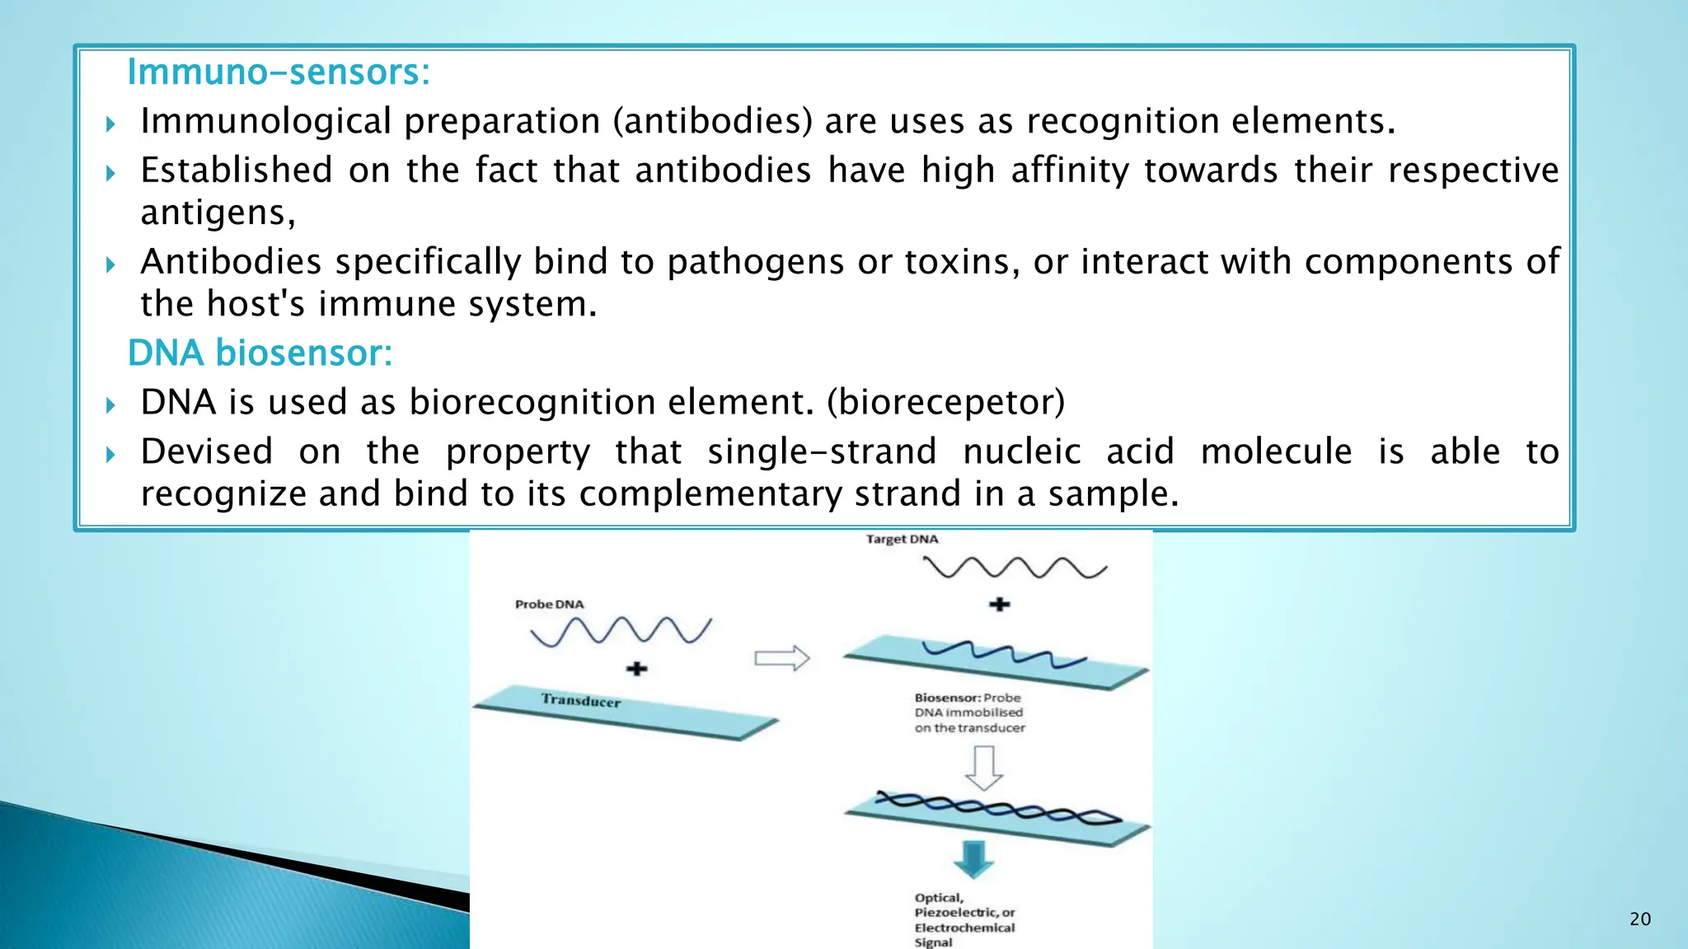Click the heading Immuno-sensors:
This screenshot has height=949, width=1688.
pyautogui.click(x=279, y=72)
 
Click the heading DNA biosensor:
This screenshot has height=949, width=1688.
pyautogui.click(x=260, y=353)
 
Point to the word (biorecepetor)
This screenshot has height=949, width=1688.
pyautogui.click(x=945, y=403)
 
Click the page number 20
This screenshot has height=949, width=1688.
pyautogui.click(x=1639, y=919)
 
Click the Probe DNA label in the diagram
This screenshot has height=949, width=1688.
pyautogui.click(x=549, y=605)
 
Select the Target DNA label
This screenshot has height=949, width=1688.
pyautogui.click(x=902, y=540)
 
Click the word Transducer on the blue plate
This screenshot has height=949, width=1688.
pyautogui.click(x=580, y=700)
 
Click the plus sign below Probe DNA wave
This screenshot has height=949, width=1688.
pyautogui.click(x=636, y=668)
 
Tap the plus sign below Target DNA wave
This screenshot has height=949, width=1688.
pyautogui.click(x=999, y=605)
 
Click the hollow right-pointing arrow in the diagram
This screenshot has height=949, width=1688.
pyautogui.click(x=781, y=657)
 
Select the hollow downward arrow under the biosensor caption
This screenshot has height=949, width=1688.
pyautogui.click(x=983, y=768)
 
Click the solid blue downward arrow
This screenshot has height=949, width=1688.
pyautogui.click(x=973, y=859)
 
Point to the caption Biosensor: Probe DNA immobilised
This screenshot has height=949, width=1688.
pyautogui.click(x=968, y=713)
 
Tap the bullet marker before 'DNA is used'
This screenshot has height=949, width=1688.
pyautogui.click(x=110, y=404)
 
